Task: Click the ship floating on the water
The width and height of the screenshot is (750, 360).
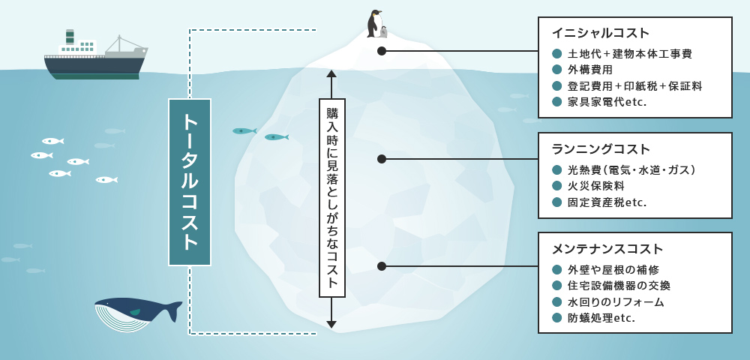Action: (94, 58)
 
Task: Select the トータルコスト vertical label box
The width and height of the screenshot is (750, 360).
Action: (190, 182)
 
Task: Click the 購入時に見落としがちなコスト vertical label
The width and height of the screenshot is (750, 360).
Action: (331, 198)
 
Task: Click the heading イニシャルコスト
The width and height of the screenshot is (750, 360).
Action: (601, 34)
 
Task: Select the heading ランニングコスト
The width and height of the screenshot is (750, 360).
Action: (601, 149)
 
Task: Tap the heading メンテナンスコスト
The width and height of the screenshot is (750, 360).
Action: (607, 249)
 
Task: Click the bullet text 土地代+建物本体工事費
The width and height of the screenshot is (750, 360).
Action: (630, 54)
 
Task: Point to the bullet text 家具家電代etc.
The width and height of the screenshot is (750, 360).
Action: (607, 102)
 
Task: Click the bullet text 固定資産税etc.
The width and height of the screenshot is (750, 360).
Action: (607, 202)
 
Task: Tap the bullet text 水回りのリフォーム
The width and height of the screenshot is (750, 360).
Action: (616, 302)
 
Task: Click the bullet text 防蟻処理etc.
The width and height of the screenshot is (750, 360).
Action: (601, 318)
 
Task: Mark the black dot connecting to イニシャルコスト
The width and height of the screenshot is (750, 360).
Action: (382, 51)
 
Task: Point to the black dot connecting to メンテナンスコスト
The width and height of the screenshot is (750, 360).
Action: (382, 266)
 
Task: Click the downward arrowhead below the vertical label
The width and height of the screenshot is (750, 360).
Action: (331, 324)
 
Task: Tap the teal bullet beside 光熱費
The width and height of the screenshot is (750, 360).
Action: (556, 170)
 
